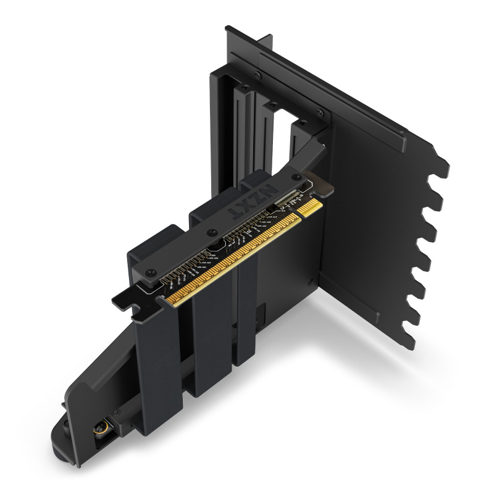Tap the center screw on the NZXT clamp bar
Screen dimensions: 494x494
click(212, 233)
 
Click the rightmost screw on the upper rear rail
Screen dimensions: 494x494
click(319, 113)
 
